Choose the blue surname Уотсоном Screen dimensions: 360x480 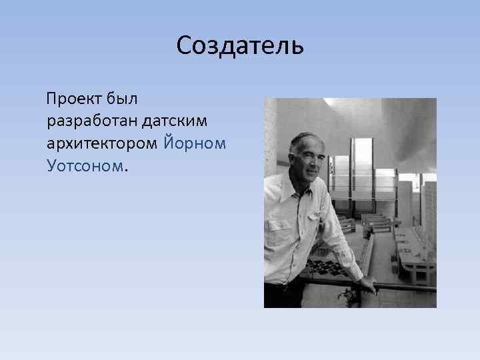click(85, 164)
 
